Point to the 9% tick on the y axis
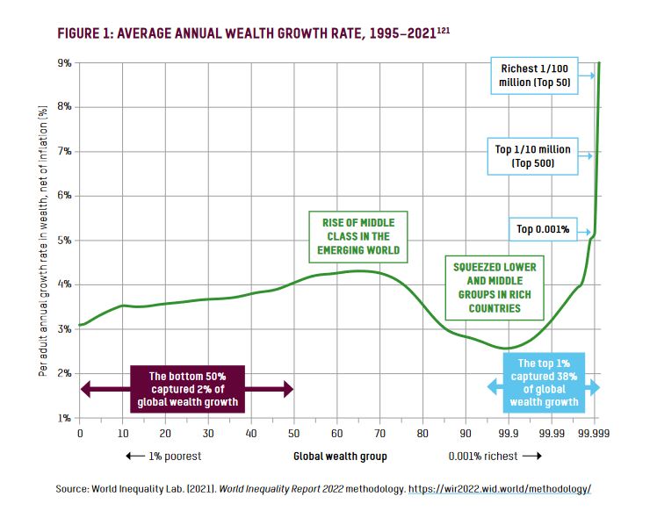click(65, 63)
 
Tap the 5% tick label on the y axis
click(65, 241)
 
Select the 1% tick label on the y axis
click(65, 419)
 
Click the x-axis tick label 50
click(293, 433)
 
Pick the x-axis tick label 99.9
click(509, 433)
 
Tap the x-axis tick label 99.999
click(594, 433)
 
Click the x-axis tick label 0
click(80, 433)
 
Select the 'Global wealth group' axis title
click(340, 457)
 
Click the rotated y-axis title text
click(41, 241)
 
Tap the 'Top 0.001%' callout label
click(543, 230)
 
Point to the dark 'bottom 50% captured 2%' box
click(187, 388)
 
